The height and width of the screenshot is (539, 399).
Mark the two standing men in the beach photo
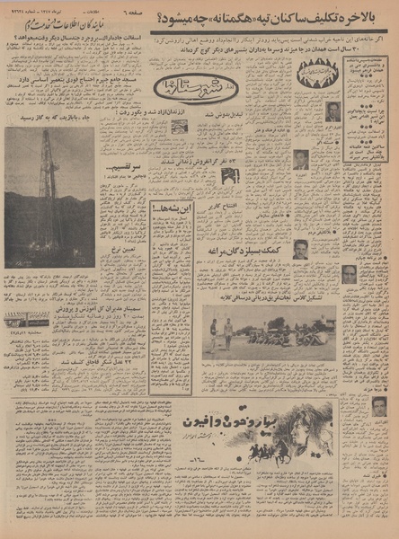(220, 330)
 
